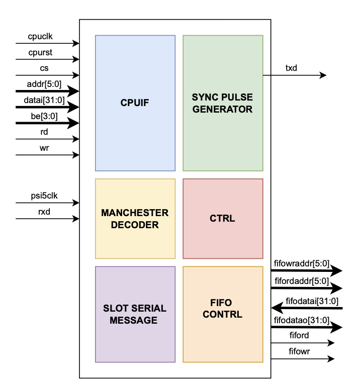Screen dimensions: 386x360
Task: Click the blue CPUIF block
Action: [x=135, y=103]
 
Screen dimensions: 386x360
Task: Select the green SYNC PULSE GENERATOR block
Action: [x=222, y=103]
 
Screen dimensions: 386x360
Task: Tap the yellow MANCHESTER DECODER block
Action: [x=135, y=219]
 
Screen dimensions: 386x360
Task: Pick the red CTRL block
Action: [x=222, y=219]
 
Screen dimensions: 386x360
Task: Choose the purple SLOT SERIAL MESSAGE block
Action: [x=135, y=314]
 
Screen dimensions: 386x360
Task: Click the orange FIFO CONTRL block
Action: [x=222, y=314]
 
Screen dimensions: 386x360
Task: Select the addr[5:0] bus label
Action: [x=45, y=83]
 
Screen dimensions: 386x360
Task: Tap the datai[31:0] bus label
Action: [x=45, y=100]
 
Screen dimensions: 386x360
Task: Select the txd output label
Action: [x=291, y=68]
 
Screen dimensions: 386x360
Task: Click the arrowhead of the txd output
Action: [x=323, y=75]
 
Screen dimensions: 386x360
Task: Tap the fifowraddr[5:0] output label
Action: [x=302, y=263]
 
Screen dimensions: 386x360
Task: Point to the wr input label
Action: [x=45, y=148]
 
